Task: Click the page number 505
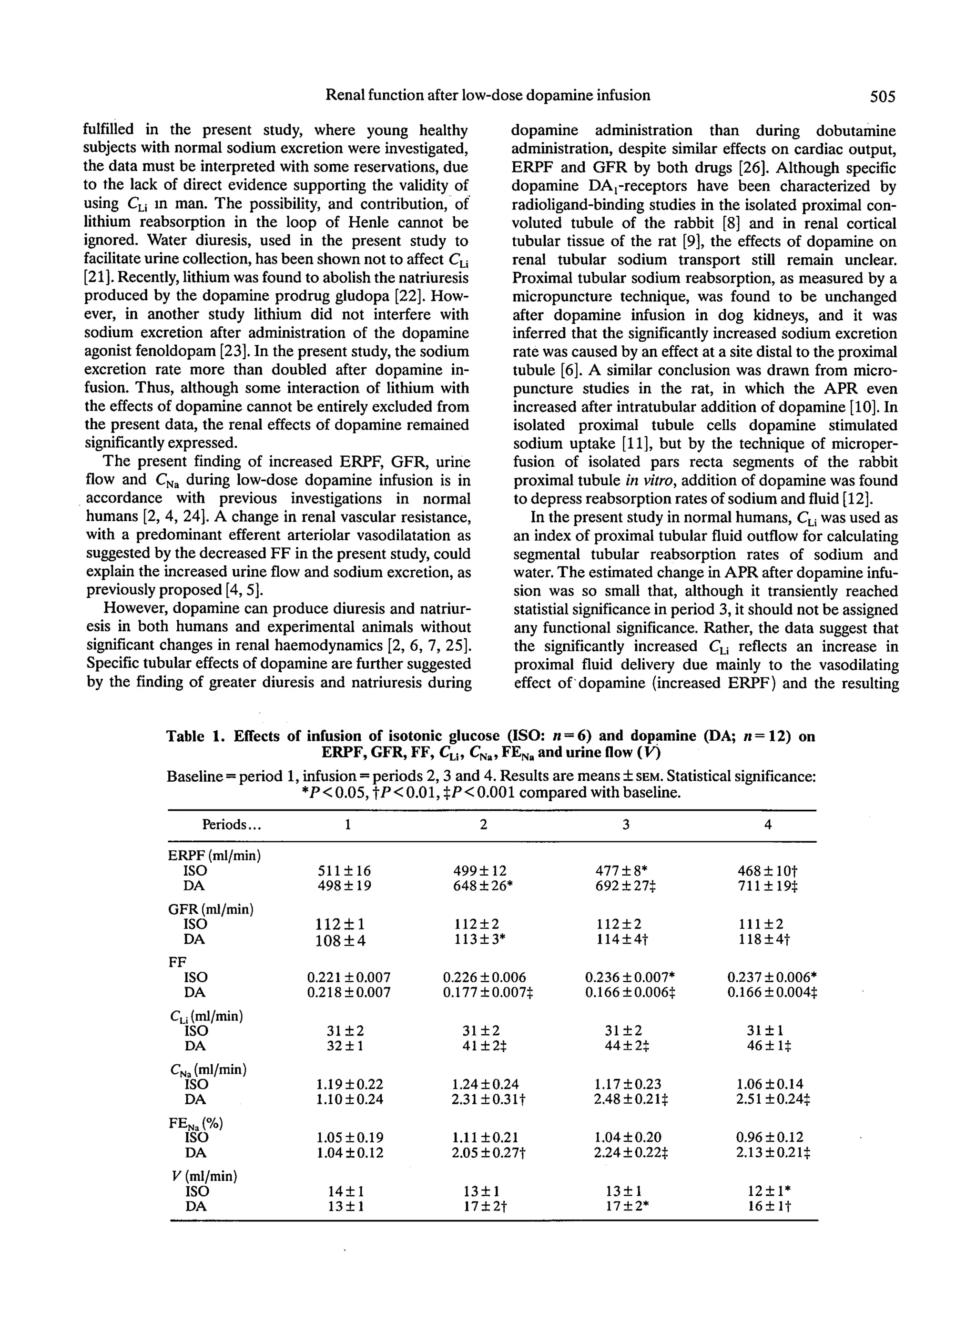(883, 96)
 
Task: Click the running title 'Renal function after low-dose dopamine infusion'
(488, 95)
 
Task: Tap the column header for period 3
(626, 824)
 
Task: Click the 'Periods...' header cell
(232, 825)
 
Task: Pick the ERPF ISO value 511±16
(344, 871)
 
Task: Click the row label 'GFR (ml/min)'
(211, 909)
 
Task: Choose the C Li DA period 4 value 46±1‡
(769, 1046)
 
